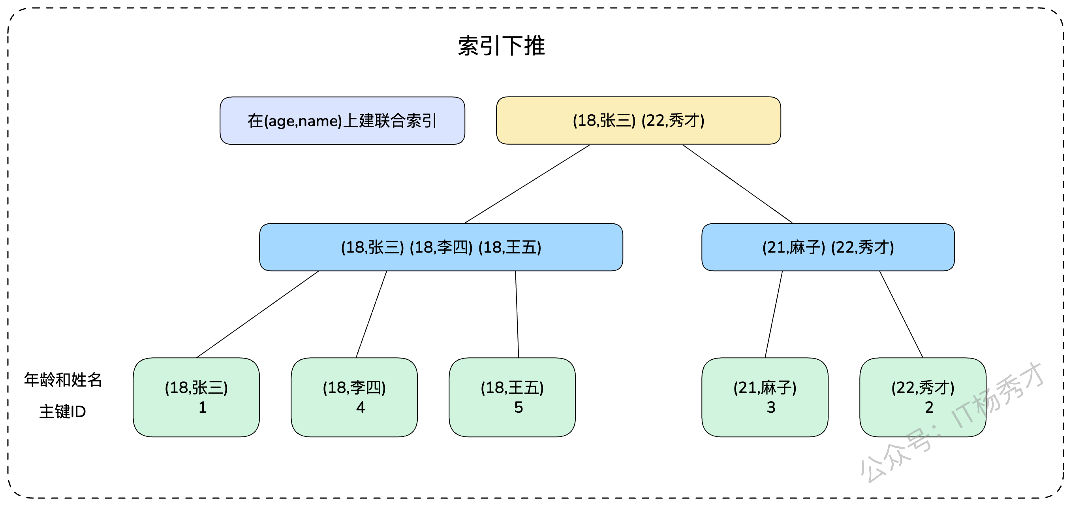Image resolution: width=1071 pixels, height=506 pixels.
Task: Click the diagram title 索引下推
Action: click(501, 45)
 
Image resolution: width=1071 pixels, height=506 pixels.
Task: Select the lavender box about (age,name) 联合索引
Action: click(342, 121)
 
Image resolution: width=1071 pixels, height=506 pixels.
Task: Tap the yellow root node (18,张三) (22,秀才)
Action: click(638, 121)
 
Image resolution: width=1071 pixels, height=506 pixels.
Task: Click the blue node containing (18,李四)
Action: click(441, 247)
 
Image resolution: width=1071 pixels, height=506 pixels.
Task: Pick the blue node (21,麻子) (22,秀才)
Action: click(828, 247)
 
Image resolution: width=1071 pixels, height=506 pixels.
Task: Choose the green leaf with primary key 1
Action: click(196, 397)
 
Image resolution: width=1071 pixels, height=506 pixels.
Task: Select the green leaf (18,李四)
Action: click(354, 397)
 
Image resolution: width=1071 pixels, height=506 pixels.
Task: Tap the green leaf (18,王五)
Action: click(512, 397)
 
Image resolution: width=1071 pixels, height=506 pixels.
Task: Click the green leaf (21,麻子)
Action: click(765, 397)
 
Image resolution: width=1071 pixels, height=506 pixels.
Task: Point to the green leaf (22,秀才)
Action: click(923, 397)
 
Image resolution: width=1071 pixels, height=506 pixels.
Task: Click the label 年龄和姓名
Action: click(63, 379)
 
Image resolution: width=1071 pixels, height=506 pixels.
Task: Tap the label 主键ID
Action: click(63, 412)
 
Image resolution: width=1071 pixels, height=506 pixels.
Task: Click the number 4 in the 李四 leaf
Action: click(361, 408)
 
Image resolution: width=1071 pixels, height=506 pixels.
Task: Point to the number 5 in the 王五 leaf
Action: click(519, 408)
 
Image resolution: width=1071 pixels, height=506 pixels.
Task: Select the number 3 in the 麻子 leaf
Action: click(771, 408)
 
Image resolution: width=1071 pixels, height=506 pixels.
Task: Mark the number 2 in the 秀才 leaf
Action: click(929, 408)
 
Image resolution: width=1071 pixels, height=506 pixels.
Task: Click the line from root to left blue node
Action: click(527, 184)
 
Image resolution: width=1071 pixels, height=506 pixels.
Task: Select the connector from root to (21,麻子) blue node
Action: click(738, 184)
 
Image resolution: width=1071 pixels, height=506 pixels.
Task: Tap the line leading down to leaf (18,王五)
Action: click(517, 314)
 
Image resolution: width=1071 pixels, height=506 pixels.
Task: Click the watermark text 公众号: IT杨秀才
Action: click(952, 422)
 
